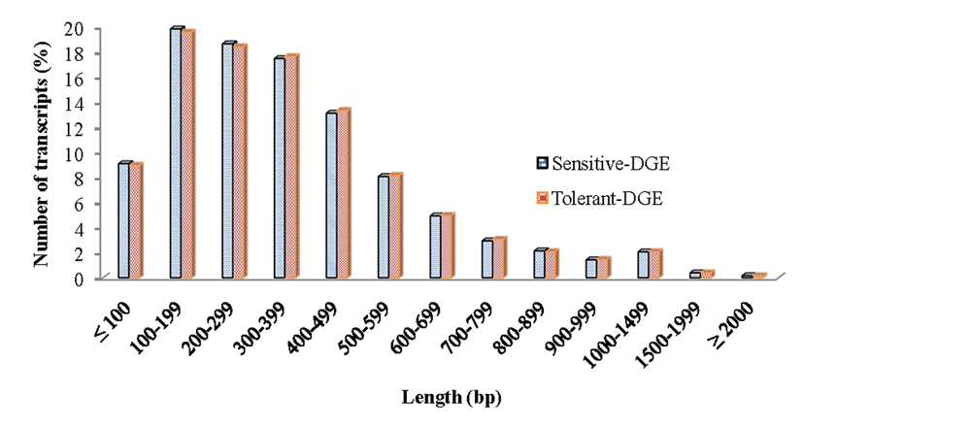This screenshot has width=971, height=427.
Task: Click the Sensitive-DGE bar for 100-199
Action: [176, 155]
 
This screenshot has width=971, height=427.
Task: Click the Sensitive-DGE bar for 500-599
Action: [383, 228]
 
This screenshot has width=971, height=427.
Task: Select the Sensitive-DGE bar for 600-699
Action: [434, 247]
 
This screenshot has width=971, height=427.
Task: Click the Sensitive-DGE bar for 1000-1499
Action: [641, 265]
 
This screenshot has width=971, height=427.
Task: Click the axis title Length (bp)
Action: [452, 398]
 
